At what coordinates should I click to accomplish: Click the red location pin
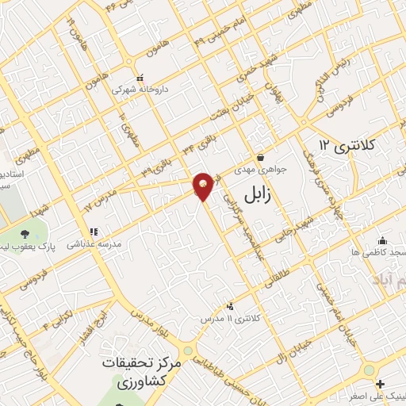(x=204, y=186)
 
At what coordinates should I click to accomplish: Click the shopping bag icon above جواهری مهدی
(x=261, y=157)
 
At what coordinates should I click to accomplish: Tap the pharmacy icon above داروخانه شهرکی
(x=140, y=79)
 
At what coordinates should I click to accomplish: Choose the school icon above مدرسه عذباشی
(x=94, y=232)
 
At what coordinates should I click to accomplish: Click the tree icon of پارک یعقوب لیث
(x=24, y=234)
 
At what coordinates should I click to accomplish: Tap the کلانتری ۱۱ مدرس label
(x=230, y=317)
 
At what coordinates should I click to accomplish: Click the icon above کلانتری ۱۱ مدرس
(x=230, y=306)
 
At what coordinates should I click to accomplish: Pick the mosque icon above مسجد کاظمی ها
(x=383, y=240)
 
